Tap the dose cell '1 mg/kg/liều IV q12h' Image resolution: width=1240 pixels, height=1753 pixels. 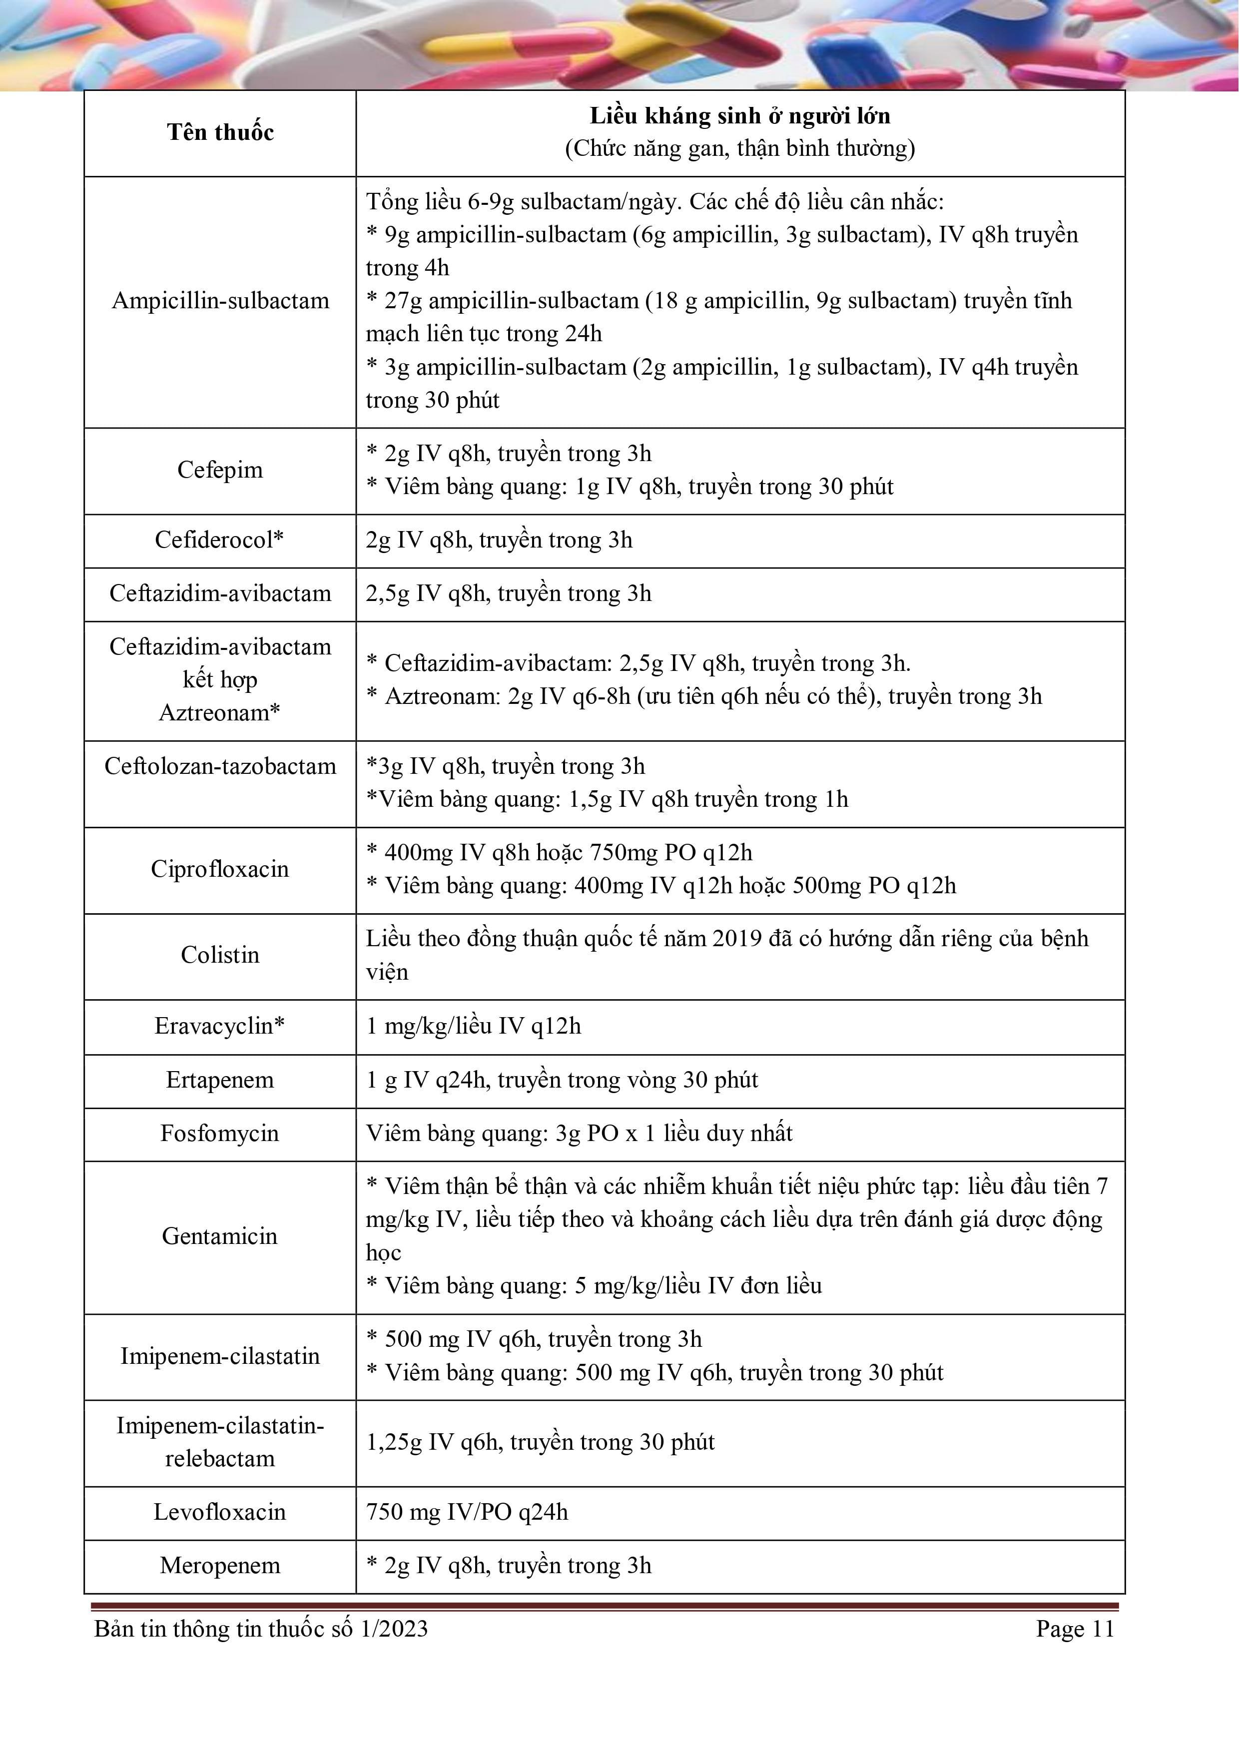[474, 1026]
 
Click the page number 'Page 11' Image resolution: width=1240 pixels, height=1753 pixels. [1074, 1629]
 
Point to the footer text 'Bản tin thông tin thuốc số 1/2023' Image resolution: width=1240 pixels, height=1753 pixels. [261, 1629]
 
